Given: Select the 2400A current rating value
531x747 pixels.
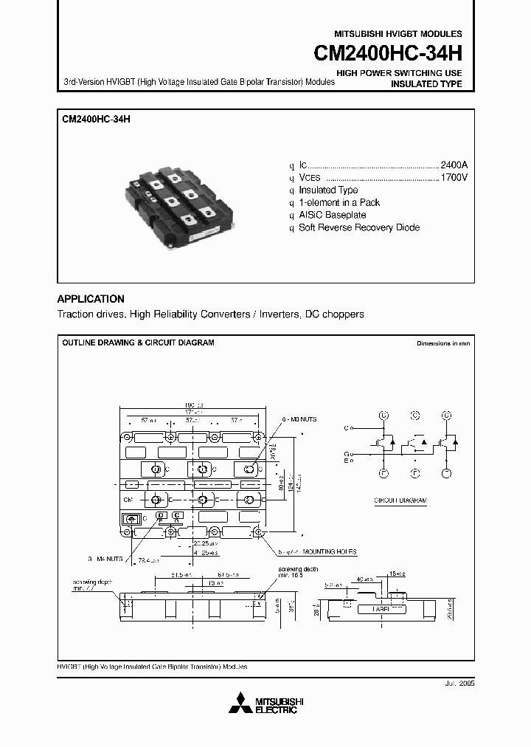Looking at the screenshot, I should pos(454,165).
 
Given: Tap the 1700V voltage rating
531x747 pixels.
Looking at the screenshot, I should pos(454,178).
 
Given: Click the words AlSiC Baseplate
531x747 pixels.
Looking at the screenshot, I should pos(332,215).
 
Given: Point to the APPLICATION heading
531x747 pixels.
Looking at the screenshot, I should pos(91,299).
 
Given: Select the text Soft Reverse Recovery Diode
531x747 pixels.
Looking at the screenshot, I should pos(359,227).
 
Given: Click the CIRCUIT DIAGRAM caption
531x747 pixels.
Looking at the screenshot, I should pos(400,500).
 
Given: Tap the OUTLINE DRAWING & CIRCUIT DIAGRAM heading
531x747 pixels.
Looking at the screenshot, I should pos(138,343).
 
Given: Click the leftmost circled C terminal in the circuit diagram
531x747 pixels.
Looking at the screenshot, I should pos(383,416).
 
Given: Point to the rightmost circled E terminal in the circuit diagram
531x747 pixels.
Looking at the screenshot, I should pos(446,472).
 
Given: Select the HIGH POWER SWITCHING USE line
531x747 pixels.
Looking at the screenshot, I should pos(399,73).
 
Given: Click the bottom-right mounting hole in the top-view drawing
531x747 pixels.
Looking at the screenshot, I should pos(259,531).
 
